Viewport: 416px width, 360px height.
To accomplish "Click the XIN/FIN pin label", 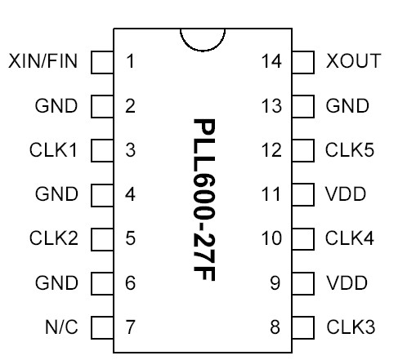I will click(x=44, y=61).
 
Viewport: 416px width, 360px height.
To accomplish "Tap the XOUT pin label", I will click(x=353, y=61).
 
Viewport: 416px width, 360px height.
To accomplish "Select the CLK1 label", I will click(x=54, y=150).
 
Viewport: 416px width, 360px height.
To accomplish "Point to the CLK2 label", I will click(x=54, y=239).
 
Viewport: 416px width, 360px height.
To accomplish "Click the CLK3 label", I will click(x=351, y=327).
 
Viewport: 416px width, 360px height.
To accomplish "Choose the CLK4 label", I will click(x=351, y=239).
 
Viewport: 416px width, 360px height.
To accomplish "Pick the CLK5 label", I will click(x=351, y=150).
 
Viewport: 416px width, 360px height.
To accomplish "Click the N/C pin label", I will click(x=61, y=327).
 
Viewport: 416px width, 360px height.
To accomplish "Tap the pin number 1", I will click(x=130, y=61).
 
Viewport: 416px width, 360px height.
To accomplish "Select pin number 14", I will click(x=271, y=61).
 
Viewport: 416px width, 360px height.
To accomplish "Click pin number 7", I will click(x=130, y=327).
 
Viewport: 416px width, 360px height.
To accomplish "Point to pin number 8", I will click(x=275, y=327).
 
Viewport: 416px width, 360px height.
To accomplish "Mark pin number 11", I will click(x=271, y=194).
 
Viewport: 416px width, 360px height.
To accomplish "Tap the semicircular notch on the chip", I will click(x=202, y=39).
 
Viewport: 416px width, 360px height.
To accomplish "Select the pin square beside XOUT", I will click(x=303, y=61).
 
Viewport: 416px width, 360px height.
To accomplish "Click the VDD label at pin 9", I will click(x=347, y=283).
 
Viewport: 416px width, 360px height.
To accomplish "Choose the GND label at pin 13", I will click(x=347, y=106).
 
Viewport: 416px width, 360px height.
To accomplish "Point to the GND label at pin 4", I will click(x=57, y=194).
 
